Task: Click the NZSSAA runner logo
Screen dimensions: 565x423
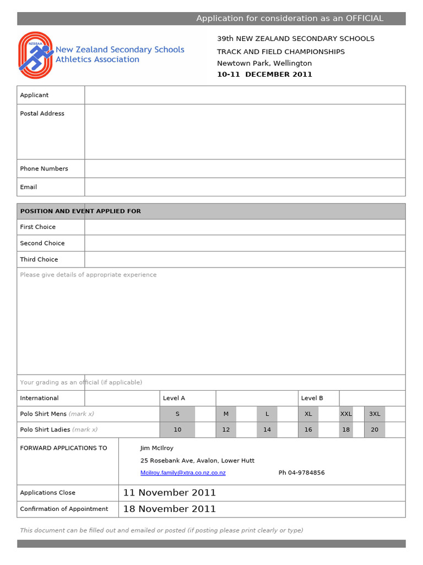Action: (36, 55)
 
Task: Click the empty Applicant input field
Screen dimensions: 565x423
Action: (245, 95)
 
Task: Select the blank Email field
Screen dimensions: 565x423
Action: (245, 187)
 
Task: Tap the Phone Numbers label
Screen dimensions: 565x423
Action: (44, 169)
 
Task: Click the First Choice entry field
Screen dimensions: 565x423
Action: (245, 227)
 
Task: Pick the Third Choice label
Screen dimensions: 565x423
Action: (39, 259)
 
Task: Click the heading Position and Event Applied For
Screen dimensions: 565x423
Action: (80, 211)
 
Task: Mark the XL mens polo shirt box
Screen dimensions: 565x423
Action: (308, 414)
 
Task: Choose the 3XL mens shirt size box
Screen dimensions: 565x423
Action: (375, 414)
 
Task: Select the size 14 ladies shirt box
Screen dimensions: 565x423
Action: (267, 430)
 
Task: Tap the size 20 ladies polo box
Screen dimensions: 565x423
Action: (375, 430)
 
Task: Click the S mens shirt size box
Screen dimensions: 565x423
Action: (177, 414)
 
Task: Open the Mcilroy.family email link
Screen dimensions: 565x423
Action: (183, 473)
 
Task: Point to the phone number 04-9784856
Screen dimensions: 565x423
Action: (301, 473)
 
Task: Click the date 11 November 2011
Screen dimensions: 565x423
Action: (169, 493)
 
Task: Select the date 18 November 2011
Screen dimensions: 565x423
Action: (169, 509)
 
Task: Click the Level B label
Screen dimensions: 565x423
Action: (312, 398)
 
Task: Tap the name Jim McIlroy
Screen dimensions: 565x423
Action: (157, 448)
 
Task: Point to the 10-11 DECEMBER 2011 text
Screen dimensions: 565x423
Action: (264, 74)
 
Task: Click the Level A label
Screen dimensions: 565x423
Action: (174, 398)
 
